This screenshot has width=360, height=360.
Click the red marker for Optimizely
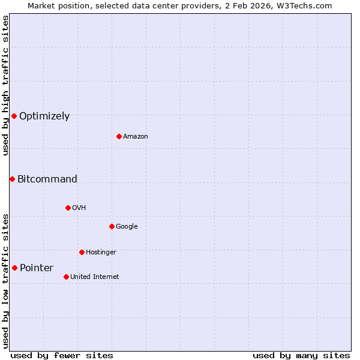point(14,116)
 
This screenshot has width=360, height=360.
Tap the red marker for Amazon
point(119,136)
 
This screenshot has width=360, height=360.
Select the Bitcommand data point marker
point(12,179)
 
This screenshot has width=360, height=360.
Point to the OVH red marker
point(68,208)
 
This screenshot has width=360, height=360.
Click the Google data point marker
point(112,226)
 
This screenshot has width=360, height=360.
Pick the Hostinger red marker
point(82,252)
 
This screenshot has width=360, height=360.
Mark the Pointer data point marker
point(14,268)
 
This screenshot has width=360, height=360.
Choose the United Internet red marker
point(66,277)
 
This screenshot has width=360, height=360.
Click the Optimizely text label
point(44,116)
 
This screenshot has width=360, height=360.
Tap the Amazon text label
point(136,137)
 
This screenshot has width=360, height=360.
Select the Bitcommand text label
point(47,179)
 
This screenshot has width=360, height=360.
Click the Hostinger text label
point(101,253)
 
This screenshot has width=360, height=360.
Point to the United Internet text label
point(94,277)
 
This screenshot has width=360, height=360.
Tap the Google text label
point(127,227)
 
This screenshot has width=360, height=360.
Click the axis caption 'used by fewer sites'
point(62,355)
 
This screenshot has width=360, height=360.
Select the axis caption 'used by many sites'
point(301,355)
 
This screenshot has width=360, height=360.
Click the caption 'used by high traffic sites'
point(5,85)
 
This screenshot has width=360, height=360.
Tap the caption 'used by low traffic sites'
point(5,281)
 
